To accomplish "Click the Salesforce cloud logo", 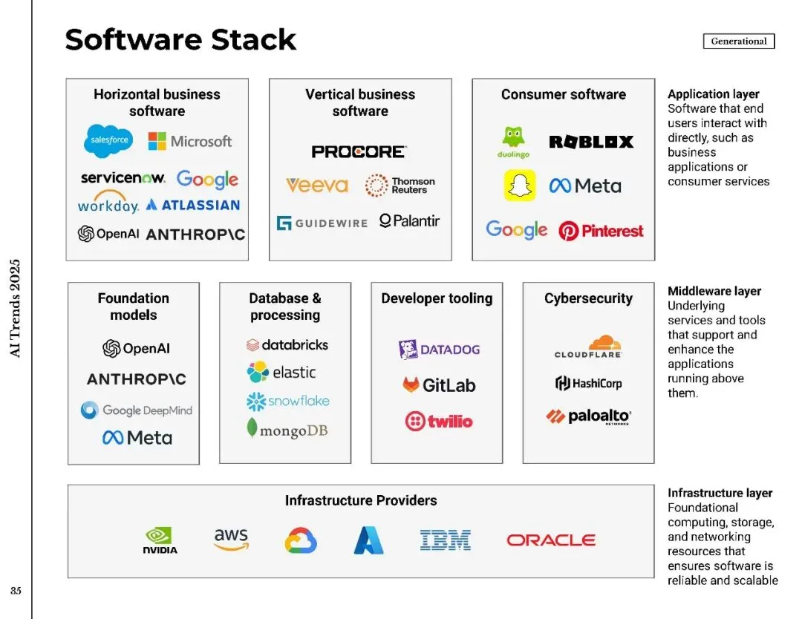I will click(x=108, y=140).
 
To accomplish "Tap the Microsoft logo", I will click(x=190, y=141).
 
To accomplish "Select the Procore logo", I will click(x=359, y=151).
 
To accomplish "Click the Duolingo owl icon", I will click(x=513, y=138).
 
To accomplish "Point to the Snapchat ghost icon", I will click(x=520, y=186).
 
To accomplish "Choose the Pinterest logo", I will click(x=601, y=231).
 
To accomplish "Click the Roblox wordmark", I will click(x=591, y=142).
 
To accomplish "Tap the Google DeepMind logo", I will click(x=137, y=410).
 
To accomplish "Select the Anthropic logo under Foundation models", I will click(x=137, y=379).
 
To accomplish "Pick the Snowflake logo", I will click(x=287, y=402).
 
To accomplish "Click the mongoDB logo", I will click(x=287, y=430).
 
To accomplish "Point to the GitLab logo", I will click(x=439, y=385).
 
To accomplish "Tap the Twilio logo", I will click(x=439, y=422).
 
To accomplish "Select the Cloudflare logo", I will click(x=588, y=347).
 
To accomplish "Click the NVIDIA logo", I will click(x=160, y=540).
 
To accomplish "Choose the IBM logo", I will click(x=445, y=540).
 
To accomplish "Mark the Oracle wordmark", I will click(x=551, y=540).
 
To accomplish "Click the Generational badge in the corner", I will click(x=738, y=42).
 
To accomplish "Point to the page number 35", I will click(x=16, y=591).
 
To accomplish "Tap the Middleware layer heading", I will click(x=714, y=291).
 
